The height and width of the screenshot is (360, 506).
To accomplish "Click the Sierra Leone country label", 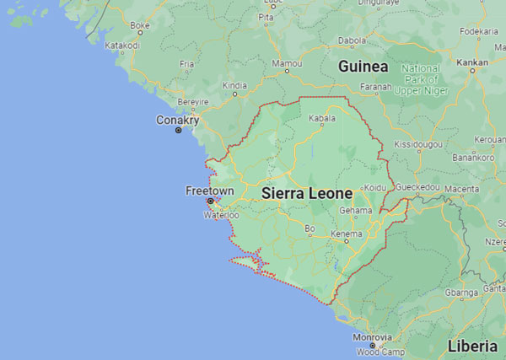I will tap(306, 192).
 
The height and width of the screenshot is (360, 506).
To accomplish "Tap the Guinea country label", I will tap(363, 66).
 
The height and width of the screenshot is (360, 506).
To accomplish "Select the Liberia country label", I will tap(472, 347).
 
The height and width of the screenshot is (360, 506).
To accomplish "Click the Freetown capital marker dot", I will tap(210, 201).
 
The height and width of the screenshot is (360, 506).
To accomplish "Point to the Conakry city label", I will tap(177, 121).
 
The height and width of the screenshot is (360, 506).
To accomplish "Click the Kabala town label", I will tap(321, 119).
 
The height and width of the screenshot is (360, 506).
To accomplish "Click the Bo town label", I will tap(310, 228).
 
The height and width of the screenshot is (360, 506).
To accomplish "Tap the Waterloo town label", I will tap(222, 215).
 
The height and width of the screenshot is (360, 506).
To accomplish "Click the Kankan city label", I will tap(471, 62).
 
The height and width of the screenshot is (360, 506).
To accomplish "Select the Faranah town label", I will tap(375, 86).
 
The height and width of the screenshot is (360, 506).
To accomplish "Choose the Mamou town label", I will tap(288, 63).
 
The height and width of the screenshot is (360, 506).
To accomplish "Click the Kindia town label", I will tap(234, 84).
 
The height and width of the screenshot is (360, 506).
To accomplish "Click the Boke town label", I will tap(140, 25).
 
